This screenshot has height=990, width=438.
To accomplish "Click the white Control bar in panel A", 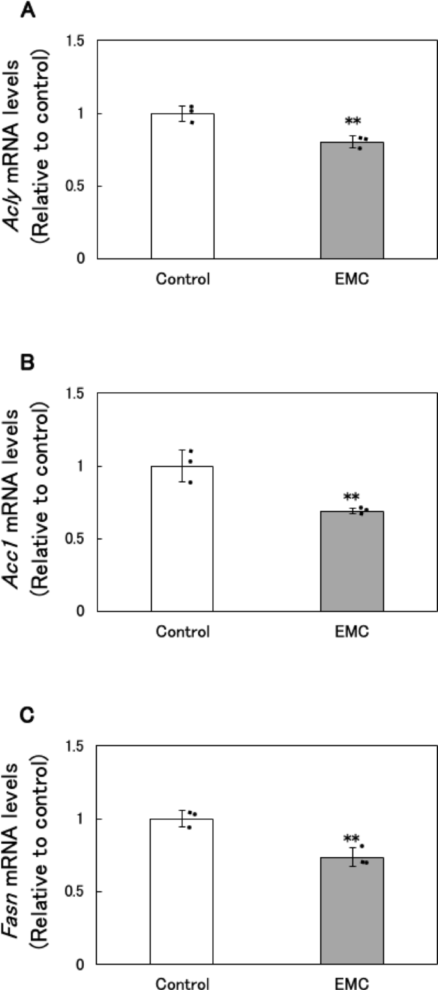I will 182,186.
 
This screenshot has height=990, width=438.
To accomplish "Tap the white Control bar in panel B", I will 182,538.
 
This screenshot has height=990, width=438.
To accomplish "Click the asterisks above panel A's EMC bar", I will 352,121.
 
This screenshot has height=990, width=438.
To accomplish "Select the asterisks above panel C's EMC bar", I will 352,839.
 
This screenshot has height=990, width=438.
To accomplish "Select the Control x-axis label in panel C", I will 182,984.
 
